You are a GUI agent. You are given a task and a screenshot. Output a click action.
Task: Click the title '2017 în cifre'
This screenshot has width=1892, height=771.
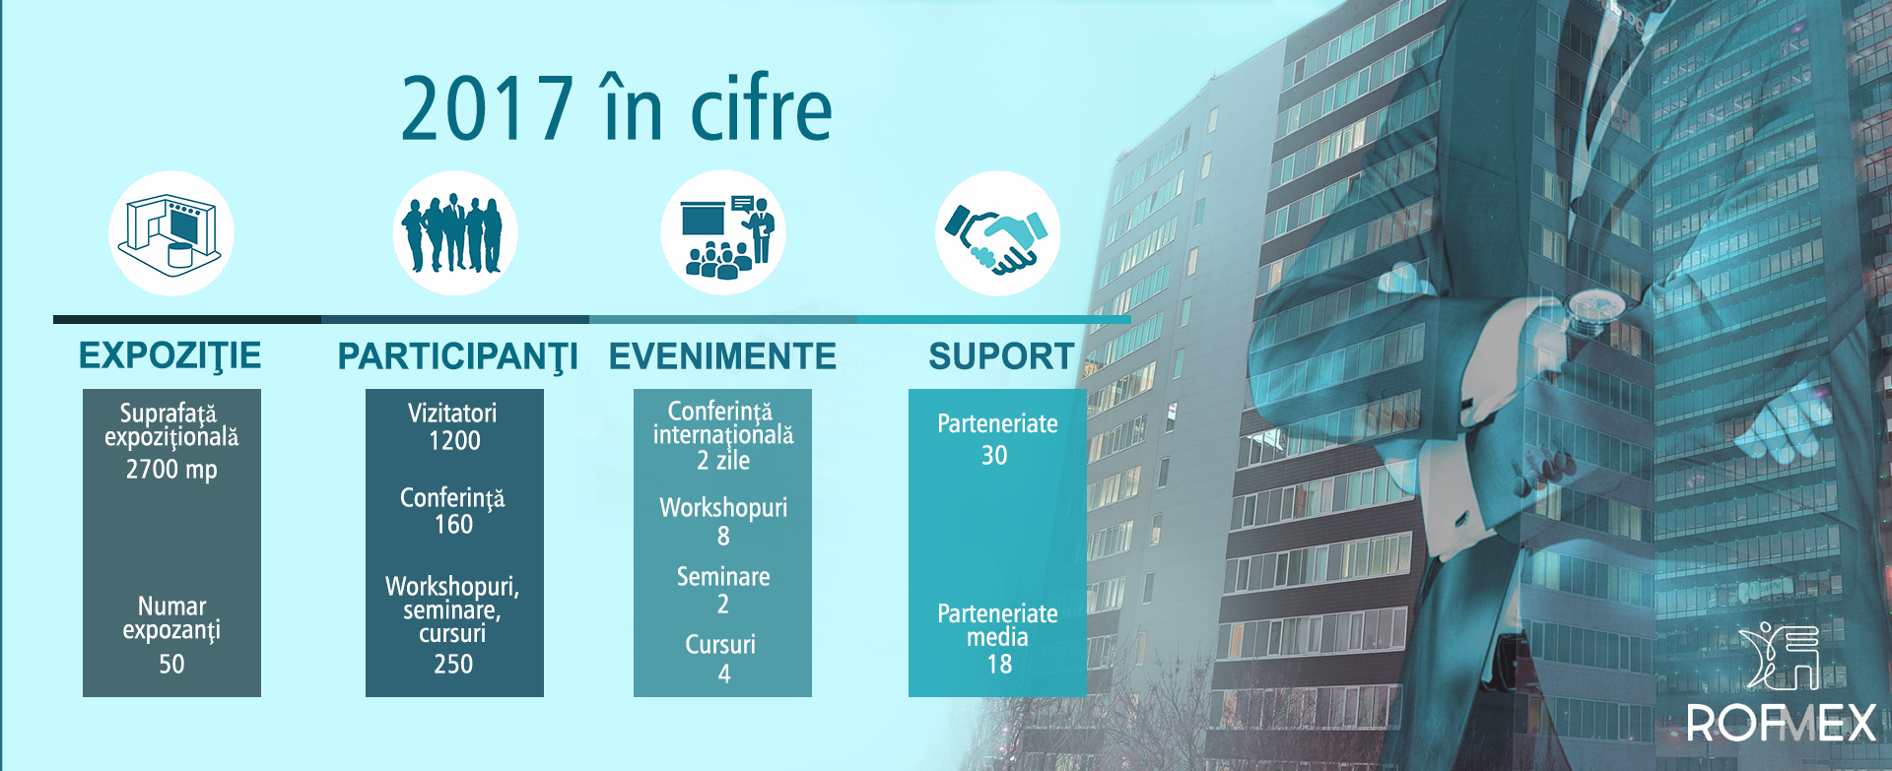point(617,107)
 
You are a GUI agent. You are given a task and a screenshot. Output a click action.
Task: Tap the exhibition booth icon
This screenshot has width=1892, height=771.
point(170,233)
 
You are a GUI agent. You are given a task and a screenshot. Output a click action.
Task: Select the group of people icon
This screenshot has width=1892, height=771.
point(455,233)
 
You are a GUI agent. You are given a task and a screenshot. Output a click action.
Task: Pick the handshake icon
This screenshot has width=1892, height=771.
point(997,233)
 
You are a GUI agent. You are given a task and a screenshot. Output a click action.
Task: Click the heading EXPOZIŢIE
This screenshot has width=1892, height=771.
point(170,355)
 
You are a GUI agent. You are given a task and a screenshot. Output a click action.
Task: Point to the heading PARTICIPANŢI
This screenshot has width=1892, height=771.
point(458,356)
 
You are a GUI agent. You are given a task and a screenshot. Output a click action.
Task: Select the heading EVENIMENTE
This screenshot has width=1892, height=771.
point(722,356)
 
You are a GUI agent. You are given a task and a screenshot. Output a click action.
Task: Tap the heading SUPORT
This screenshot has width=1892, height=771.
point(1001,356)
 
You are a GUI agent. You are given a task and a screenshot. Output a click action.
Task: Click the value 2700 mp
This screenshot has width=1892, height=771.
point(171,470)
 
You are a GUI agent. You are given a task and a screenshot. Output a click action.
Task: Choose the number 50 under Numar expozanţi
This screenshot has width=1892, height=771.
point(171,665)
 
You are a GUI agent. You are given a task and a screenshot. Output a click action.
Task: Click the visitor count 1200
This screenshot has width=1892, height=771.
point(454,441)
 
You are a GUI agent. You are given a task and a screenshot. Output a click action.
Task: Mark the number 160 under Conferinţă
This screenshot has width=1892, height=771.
point(454,525)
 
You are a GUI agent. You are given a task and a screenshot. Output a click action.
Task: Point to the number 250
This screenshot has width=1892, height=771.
point(453,665)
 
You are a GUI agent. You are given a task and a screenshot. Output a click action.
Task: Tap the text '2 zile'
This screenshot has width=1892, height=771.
point(723,461)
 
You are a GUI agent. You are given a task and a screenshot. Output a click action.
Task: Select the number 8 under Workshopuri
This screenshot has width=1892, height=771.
point(723,537)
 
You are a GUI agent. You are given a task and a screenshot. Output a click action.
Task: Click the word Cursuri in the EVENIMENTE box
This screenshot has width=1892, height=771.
point(720,645)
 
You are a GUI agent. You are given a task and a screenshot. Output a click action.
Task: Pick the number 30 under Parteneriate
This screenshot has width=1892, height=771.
point(994,456)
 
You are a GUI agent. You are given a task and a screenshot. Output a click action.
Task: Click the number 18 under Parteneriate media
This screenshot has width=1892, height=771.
point(999,665)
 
